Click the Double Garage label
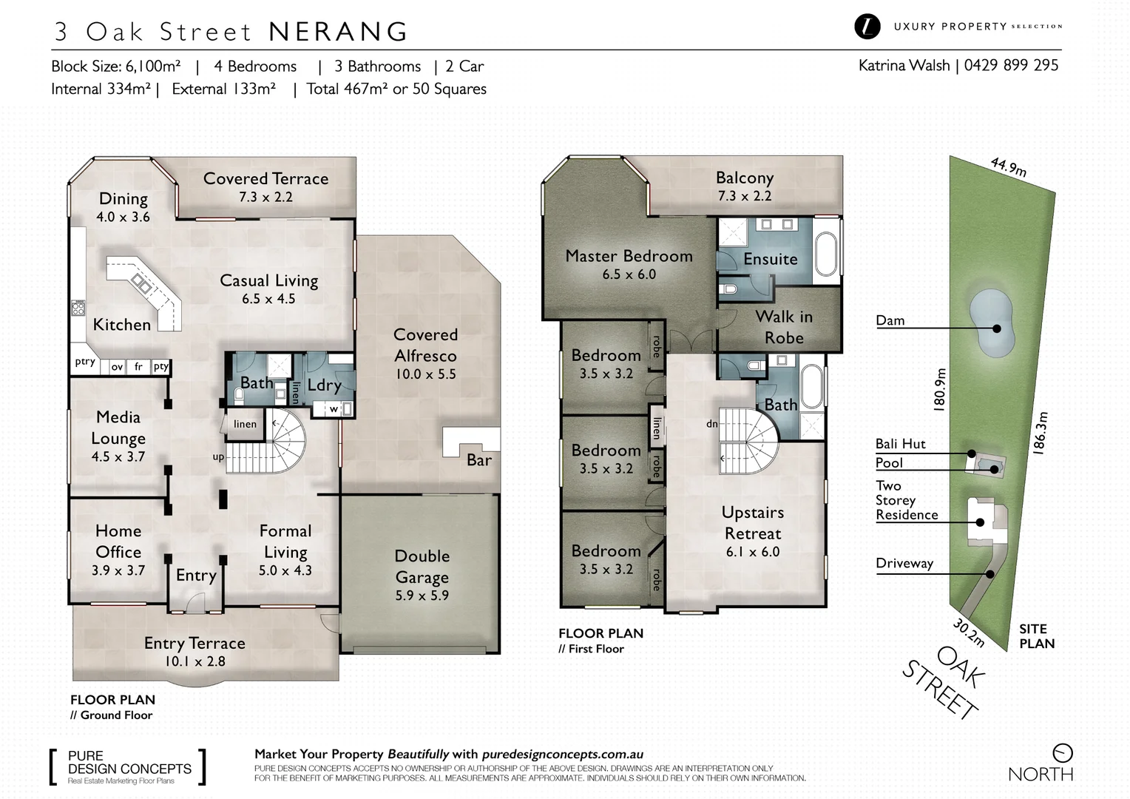422,566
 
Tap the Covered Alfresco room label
425,345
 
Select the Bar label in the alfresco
478,460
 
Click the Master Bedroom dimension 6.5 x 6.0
629,274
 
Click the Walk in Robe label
784,327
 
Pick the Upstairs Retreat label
753,522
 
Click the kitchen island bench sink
141,282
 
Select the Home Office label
118,541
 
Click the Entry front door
195,604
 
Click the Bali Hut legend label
900,444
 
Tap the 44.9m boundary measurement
1009,166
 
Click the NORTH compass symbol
1062,753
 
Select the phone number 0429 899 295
1011,65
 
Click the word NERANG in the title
338,32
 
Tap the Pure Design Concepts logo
127,767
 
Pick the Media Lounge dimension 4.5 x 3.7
118,457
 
